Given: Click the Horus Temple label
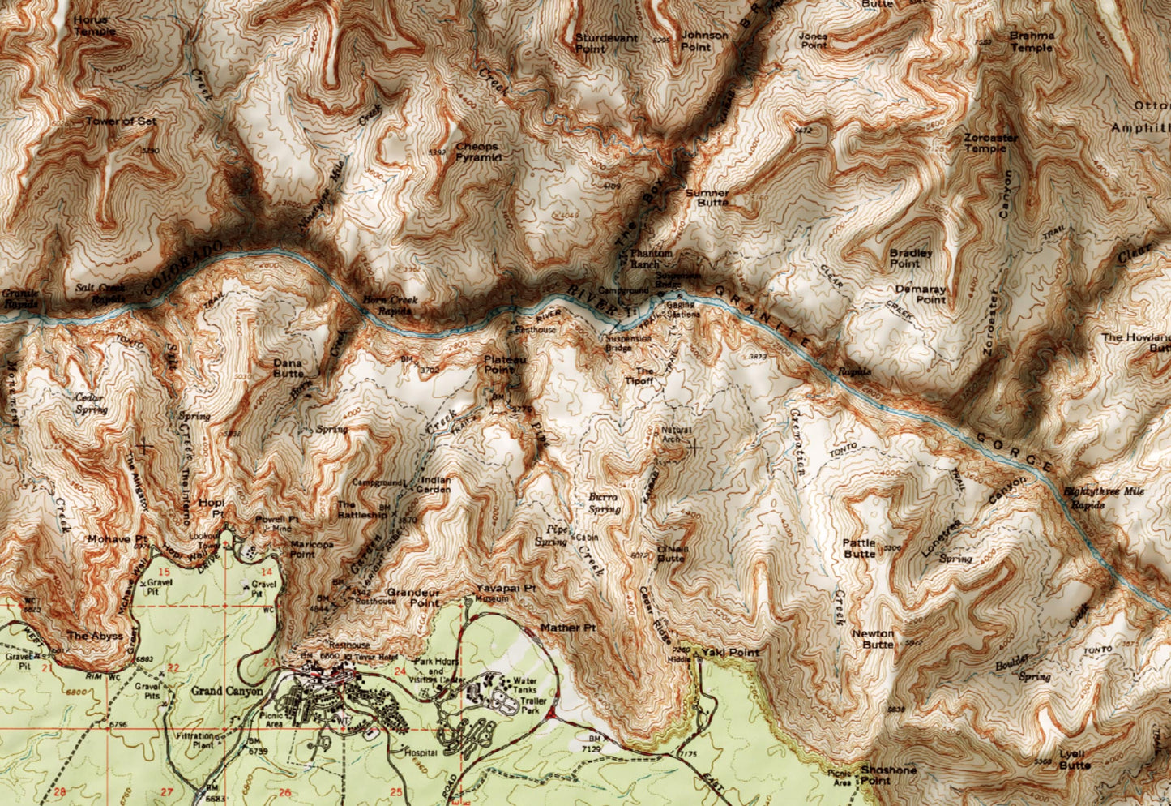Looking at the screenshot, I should point(95,25).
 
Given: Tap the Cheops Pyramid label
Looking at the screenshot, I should point(477,152).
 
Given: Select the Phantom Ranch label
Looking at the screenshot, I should point(651,259).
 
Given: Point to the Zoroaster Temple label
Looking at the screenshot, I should point(990,144).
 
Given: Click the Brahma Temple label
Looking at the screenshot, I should point(1032,41).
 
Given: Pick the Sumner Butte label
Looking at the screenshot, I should point(707,197).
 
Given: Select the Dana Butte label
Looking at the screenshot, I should point(288,368).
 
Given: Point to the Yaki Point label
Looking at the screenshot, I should point(730,652).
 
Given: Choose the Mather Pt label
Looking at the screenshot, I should point(567,628).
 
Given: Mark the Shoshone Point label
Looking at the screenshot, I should point(877,775).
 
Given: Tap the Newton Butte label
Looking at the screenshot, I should point(874,639).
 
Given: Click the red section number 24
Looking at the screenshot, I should point(399,671).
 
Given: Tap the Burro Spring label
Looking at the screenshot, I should point(603,503).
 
